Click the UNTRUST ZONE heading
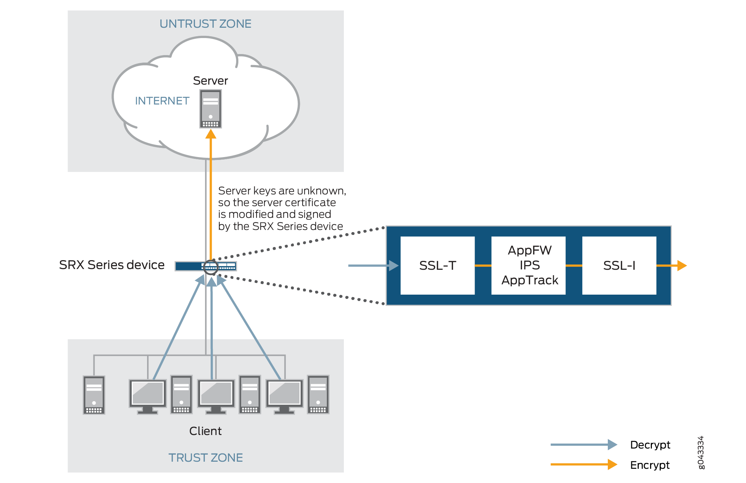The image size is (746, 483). [x=205, y=24]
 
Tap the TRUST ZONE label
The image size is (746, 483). [x=205, y=457]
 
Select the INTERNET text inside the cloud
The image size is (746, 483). [x=162, y=101]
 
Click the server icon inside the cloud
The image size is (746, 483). [x=210, y=109]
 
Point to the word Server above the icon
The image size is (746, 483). [x=210, y=81]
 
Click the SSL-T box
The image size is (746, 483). [x=437, y=265]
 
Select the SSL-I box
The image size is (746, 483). [x=619, y=265]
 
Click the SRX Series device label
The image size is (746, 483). [x=112, y=265]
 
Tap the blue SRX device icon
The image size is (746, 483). [x=205, y=266]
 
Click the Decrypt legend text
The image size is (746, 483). [x=650, y=445]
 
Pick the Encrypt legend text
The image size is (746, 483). [x=650, y=465]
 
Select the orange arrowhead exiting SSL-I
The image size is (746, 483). [x=682, y=265]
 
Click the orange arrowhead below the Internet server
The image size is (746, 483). [x=211, y=134]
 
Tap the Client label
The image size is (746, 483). [x=205, y=431]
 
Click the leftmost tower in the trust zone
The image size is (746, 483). [x=94, y=395]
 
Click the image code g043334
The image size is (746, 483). [x=701, y=452]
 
